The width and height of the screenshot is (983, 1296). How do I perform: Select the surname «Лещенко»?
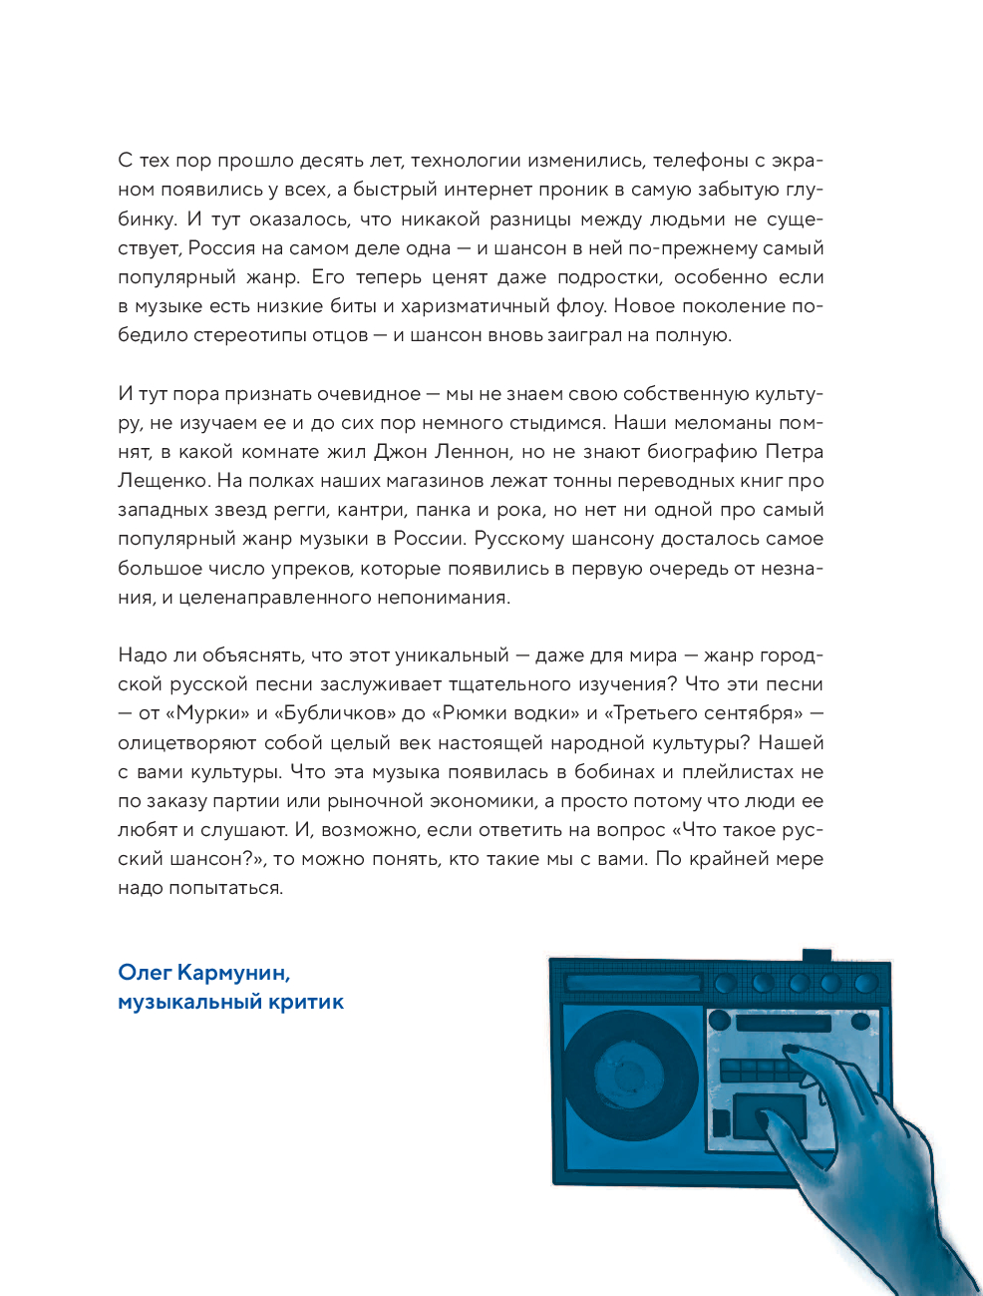point(164,481)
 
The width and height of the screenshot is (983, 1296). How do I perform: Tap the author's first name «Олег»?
point(145,973)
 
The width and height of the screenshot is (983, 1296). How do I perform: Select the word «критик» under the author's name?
point(306,1002)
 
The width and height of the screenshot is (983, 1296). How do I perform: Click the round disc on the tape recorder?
point(630,1074)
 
